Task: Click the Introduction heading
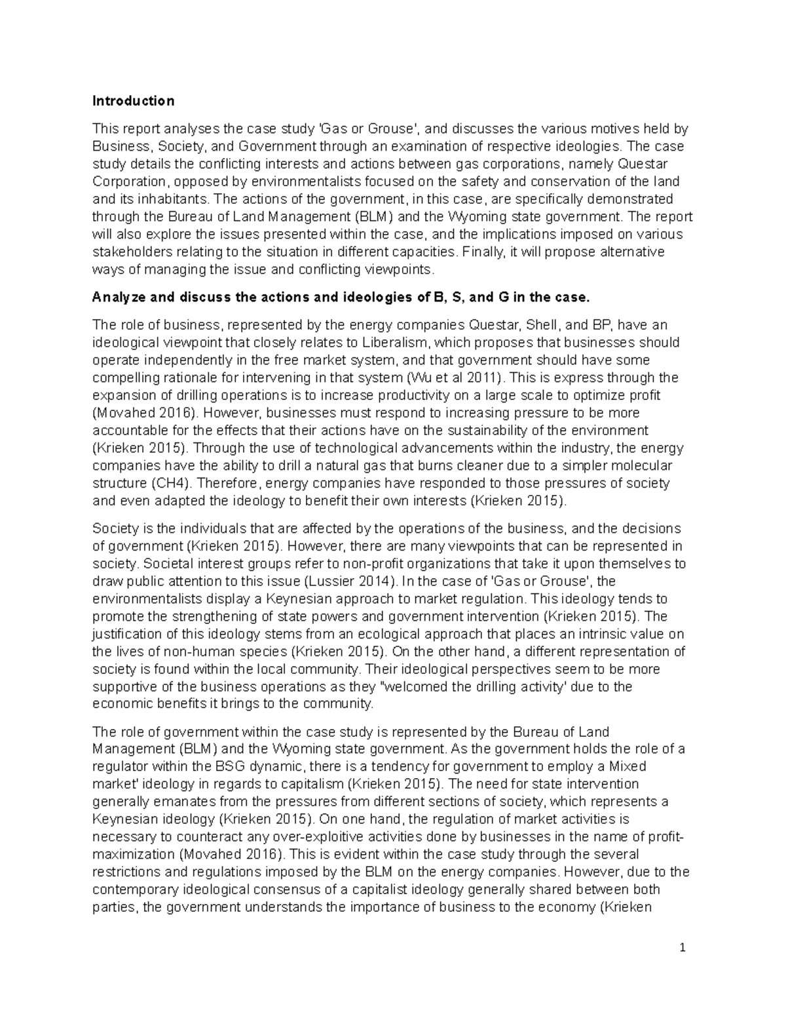133,101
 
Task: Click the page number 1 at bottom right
682,948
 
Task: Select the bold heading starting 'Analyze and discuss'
341,298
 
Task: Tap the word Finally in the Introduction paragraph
481,252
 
